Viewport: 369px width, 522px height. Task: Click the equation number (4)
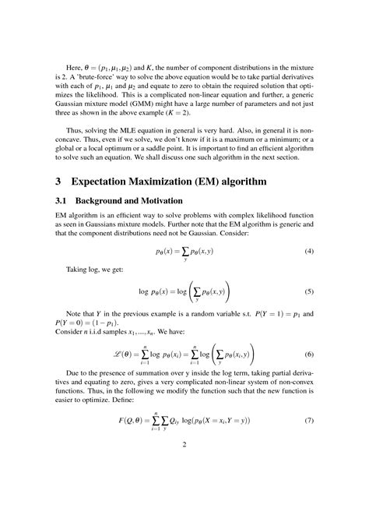tap(308, 252)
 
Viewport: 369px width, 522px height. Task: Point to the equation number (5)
tap(308, 291)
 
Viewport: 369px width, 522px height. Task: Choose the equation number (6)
tap(308, 354)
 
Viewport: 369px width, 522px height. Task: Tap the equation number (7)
tap(308, 421)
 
